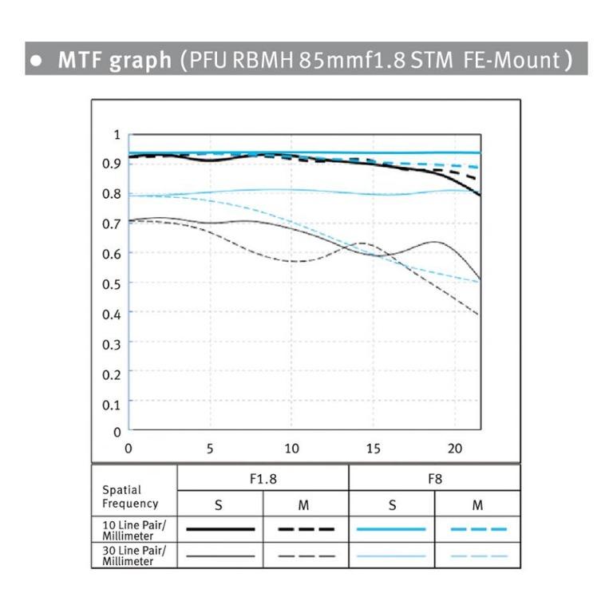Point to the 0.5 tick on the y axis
(x=113, y=283)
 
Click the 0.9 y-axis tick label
(x=113, y=164)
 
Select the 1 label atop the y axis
(x=117, y=135)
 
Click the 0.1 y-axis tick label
(x=113, y=403)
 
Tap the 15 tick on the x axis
(x=374, y=449)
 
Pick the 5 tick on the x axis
(x=210, y=449)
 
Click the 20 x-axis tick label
(x=455, y=449)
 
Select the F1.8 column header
(x=263, y=479)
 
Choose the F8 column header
(x=435, y=479)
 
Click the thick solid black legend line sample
(x=220, y=529)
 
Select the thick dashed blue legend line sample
(x=478, y=529)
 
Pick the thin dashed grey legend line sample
(x=306, y=556)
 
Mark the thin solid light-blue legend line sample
(x=392, y=556)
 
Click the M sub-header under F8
(x=477, y=504)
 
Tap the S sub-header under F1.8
(x=220, y=504)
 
